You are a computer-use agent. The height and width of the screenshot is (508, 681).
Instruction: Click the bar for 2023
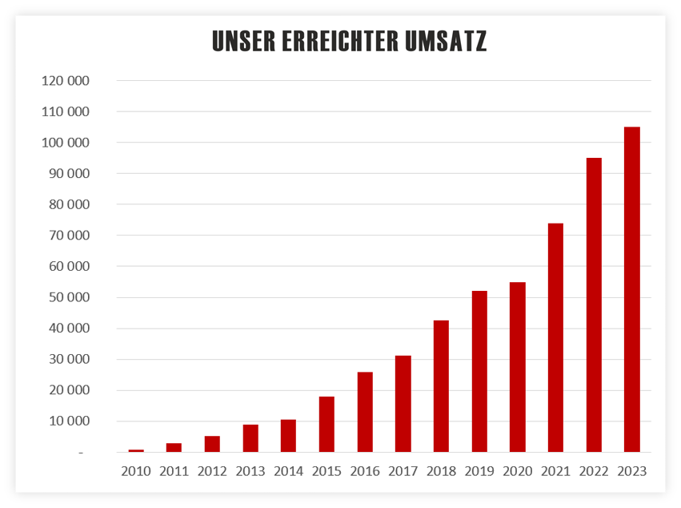click(631, 289)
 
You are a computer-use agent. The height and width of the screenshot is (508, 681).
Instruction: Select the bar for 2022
click(594, 305)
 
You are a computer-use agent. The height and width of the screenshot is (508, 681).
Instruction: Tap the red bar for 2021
click(555, 337)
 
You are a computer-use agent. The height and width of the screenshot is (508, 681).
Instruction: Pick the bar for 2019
click(479, 372)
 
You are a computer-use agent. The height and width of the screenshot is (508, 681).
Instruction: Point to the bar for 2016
click(364, 412)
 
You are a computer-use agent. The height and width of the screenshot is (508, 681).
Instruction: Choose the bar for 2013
click(250, 438)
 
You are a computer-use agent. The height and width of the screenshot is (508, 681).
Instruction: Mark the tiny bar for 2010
click(136, 450)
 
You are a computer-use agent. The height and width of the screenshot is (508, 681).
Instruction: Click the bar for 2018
click(441, 386)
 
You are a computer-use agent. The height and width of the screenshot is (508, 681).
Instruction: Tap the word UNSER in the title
click(242, 42)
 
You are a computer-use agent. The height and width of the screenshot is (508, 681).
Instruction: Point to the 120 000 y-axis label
click(66, 81)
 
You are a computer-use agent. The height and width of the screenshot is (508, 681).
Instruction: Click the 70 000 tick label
click(69, 236)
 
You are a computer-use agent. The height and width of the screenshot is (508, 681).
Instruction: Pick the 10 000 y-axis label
click(69, 421)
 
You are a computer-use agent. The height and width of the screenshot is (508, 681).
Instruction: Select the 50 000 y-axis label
click(69, 297)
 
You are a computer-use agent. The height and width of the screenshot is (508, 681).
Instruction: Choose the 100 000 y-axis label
click(66, 143)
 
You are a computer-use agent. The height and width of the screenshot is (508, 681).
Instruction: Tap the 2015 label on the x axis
click(326, 471)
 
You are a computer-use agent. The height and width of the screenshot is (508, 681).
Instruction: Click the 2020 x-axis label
click(517, 471)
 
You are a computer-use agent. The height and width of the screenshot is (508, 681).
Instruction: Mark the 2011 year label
click(174, 471)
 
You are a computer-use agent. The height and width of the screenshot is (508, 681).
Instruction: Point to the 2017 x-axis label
click(403, 471)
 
